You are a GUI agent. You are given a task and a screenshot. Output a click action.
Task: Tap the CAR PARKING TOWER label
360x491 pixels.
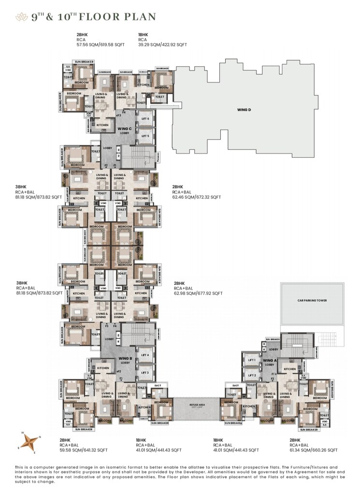pos(313,300)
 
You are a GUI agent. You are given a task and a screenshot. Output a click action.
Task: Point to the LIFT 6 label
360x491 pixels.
pos(145,119)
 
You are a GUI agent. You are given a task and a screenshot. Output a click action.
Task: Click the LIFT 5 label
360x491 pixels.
pos(145,136)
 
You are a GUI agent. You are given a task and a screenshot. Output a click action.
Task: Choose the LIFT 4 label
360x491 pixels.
pos(145,355)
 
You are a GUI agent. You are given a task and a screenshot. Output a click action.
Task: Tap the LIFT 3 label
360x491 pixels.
pos(145,372)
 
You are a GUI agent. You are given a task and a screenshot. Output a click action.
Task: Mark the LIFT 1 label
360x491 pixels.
pos(251,360)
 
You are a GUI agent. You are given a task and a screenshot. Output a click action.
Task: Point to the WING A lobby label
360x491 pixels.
pos(269,363)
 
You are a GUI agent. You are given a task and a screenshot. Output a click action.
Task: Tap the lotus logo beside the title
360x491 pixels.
pos(22,17)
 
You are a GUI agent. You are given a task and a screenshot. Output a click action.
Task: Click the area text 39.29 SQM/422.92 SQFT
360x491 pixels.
pos(161,44)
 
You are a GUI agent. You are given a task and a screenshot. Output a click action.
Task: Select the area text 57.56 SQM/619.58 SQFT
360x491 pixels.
pos(100,44)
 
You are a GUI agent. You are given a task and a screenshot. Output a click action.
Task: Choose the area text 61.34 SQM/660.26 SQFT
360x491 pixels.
pos(313,449)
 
